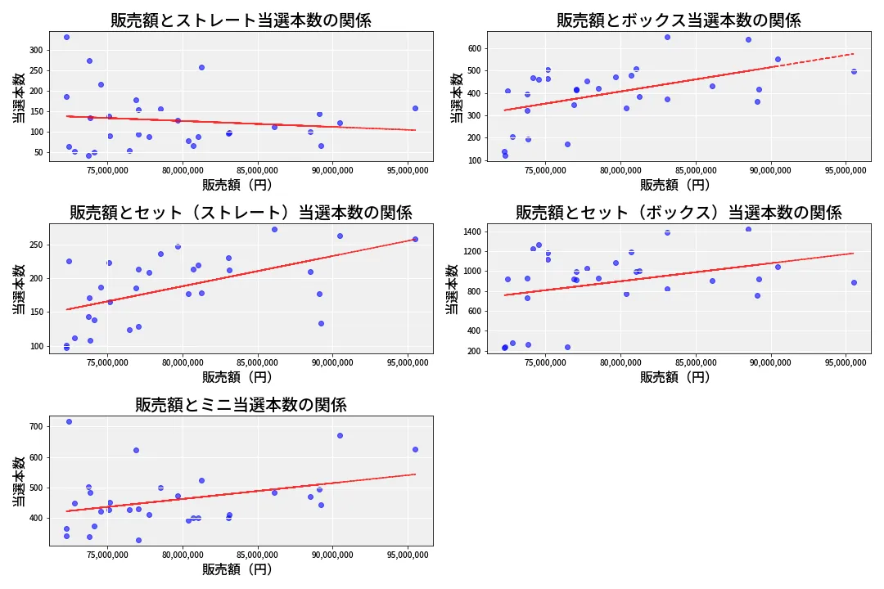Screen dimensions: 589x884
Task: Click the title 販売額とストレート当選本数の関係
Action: pos(241,20)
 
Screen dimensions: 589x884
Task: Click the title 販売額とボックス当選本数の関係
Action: pos(679,20)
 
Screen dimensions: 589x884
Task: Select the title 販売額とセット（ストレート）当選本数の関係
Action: pos(241,213)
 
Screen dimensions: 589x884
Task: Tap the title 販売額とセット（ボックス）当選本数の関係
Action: pos(679,213)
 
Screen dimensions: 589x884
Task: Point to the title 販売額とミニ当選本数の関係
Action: pos(241,405)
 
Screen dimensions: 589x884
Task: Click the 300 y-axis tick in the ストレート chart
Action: pos(34,50)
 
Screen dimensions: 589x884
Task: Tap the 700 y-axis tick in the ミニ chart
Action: pos(34,427)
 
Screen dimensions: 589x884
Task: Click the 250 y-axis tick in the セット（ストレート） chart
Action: pos(34,245)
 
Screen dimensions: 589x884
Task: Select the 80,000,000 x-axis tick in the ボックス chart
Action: pos(620,171)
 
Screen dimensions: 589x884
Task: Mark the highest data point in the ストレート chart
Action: pos(66,37)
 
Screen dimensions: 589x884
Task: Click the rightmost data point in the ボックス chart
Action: pos(854,71)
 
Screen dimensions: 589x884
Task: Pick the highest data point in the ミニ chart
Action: pos(69,421)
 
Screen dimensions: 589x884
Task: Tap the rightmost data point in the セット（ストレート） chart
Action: pos(415,239)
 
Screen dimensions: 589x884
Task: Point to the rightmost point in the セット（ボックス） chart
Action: pos(854,282)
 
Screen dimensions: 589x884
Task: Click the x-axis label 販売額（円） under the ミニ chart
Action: pos(237,569)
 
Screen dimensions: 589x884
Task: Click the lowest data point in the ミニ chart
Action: pos(138,540)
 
